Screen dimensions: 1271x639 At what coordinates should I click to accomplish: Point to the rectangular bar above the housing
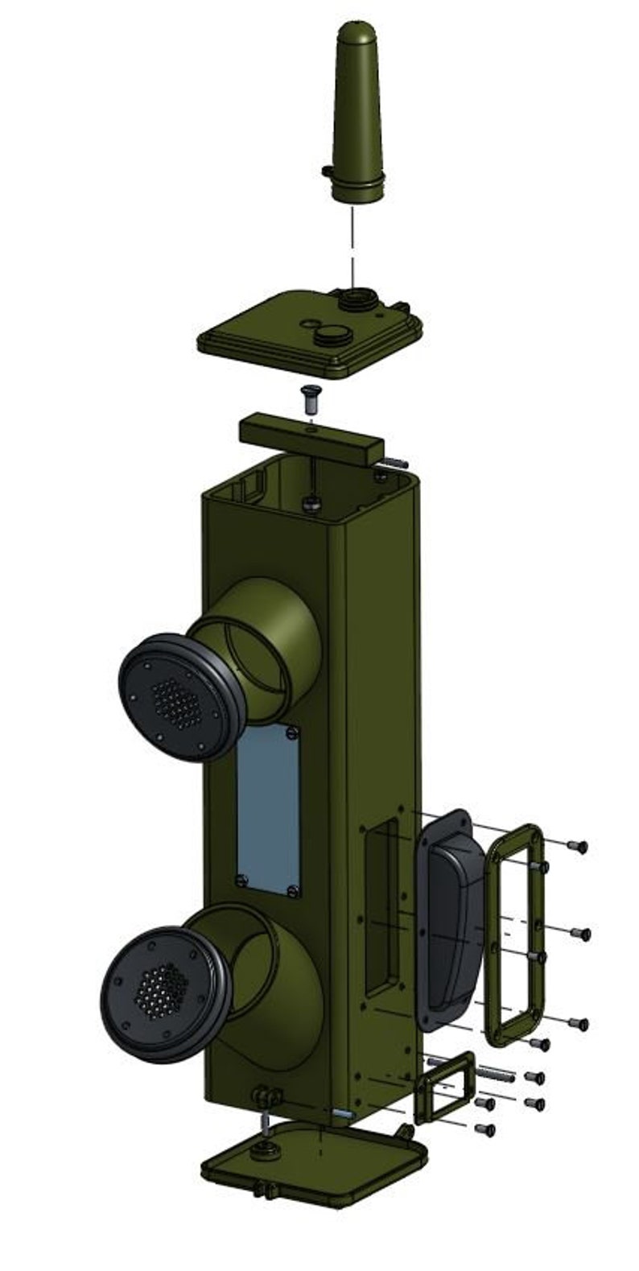[x=311, y=438]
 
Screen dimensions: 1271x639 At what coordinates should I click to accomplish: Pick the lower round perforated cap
[x=165, y=994]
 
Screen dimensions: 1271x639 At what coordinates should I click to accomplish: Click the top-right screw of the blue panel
[x=291, y=732]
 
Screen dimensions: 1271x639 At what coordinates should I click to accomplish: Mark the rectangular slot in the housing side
[x=383, y=906]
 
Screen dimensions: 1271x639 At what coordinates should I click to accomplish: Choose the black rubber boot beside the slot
[x=451, y=918]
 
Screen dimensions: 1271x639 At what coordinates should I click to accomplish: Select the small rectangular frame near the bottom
[x=443, y=1087]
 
